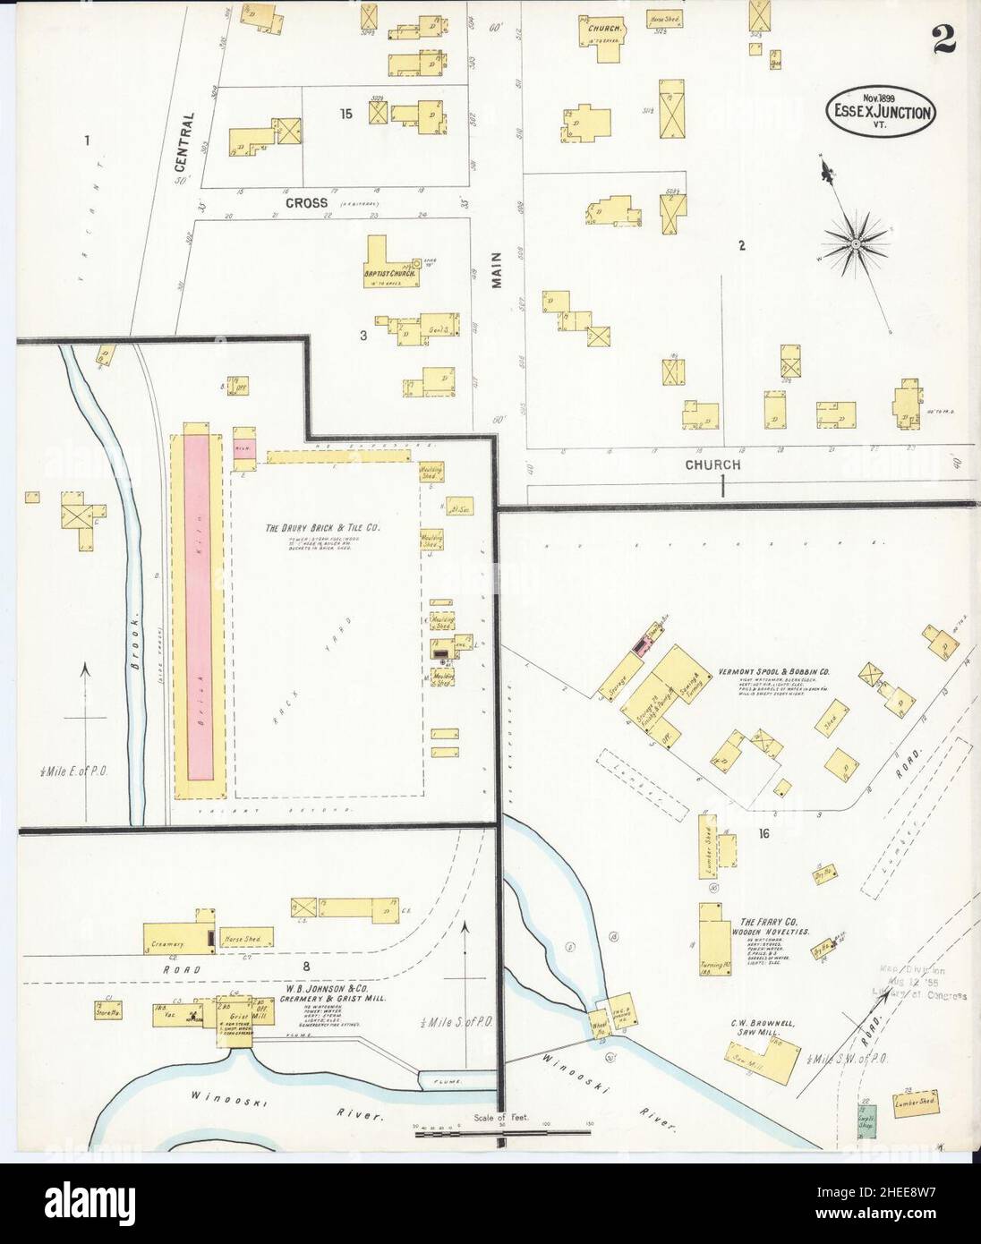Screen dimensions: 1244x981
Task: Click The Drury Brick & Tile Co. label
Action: [322, 529]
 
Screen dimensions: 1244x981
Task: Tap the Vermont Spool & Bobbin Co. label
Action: [775, 670]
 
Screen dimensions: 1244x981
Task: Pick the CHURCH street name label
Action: [712, 464]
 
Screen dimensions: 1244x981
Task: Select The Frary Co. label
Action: [762, 922]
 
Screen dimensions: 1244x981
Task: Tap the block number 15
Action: [345, 114]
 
